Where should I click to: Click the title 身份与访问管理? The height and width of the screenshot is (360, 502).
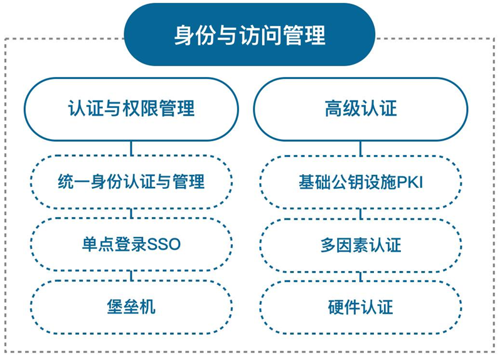pyautogui.click(x=249, y=34)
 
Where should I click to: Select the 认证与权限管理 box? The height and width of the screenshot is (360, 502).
pyautogui.click(x=131, y=109)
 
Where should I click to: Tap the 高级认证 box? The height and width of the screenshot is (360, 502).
pyautogui.click(x=361, y=109)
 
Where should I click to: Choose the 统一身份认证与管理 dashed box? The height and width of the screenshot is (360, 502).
pyautogui.click(x=131, y=182)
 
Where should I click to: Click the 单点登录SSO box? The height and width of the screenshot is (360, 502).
pyautogui.click(x=131, y=245)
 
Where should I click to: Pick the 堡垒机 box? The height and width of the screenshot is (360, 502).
pyautogui.click(x=131, y=307)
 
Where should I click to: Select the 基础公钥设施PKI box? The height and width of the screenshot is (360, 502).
pyautogui.click(x=361, y=182)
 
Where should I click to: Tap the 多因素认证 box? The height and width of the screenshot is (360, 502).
pyautogui.click(x=361, y=245)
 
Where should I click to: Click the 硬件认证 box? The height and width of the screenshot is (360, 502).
pyautogui.click(x=361, y=307)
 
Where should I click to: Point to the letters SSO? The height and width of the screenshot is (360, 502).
pyautogui.click(x=164, y=245)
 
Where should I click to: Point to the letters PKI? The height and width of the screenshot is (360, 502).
pyautogui.click(x=410, y=182)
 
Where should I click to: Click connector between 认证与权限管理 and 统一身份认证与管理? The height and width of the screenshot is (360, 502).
pyautogui.click(x=131, y=148)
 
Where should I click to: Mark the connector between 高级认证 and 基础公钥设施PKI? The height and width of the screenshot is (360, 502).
pyautogui.click(x=361, y=148)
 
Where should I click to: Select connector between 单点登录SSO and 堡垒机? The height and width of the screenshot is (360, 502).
pyautogui.click(x=131, y=276)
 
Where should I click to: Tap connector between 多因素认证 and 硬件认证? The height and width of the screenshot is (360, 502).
pyautogui.click(x=361, y=276)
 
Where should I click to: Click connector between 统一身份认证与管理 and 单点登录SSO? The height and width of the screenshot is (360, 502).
pyautogui.click(x=131, y=213)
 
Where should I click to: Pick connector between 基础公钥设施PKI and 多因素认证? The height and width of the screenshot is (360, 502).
pyautogui.click(x=361, y=213)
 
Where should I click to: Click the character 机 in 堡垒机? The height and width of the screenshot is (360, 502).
pyautogui.click(x=147, y=307)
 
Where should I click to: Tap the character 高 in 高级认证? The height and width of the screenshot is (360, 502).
pyautogui.click(x=334, y=109)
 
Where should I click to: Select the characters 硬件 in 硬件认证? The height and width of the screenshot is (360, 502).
pyautogui.click(x=344, y=307)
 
